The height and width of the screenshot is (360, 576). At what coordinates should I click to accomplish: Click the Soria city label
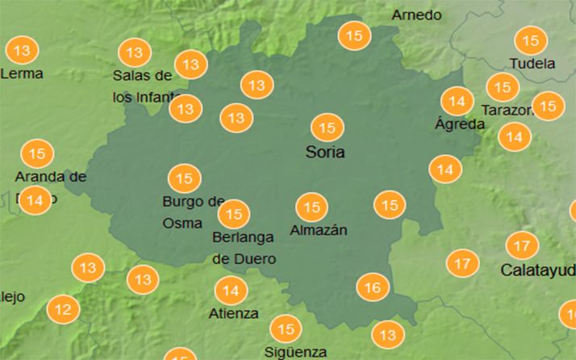(x=325, y=152)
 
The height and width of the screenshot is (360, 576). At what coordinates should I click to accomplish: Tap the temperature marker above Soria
(x=327, y=128)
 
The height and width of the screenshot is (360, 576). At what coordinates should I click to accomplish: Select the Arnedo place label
(x=416, y=15)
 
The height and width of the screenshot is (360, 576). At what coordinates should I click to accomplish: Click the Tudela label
(x=532, y=63)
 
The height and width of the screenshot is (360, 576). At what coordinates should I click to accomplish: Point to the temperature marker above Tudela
(x=530, y=40)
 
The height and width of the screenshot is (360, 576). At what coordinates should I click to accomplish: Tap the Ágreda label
(x=459, y=124)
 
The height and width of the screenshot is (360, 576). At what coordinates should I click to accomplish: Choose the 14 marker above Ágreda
(x=457, y=102)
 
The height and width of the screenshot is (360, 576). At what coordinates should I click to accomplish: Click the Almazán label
(x=318, y=230)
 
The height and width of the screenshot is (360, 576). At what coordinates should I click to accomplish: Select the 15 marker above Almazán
(x=311, y=207)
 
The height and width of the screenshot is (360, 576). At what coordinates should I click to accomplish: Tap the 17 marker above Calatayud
(x=522, y=245)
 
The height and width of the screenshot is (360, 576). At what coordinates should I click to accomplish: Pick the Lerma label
(x=22, y=73)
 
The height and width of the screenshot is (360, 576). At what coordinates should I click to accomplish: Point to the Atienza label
(x=233, y=313)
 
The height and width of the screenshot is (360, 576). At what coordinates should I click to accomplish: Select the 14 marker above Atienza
(x=231, y=291)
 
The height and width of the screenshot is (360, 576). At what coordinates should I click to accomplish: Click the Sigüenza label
(x=295, y=352)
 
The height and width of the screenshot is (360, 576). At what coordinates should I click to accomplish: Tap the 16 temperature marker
(x=373, y=287)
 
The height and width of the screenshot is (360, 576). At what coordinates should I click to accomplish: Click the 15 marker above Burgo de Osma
(x=184, y=178)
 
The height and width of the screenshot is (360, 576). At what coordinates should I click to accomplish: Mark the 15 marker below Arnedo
(x=353, y=36)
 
